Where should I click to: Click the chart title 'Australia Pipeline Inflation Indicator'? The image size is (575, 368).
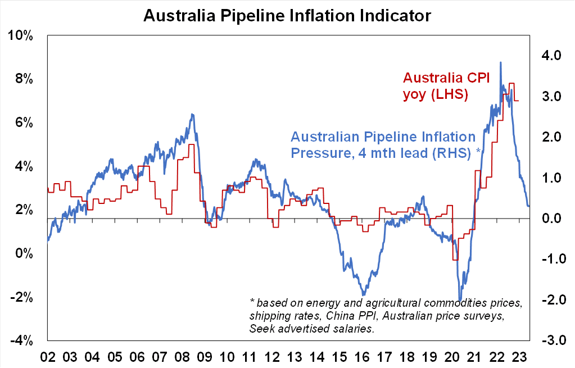pos(287,15)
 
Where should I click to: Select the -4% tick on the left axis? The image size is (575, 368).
pos(21,340)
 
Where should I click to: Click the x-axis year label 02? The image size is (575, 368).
pos(48,356)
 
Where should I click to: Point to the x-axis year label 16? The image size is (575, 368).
pos(363,356)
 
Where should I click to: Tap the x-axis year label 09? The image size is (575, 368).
pos(205,356)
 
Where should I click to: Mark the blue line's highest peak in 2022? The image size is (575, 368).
pos(500,62)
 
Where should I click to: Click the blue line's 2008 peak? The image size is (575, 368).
pos(192,115)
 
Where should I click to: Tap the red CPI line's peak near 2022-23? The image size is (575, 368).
pos(511,84)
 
